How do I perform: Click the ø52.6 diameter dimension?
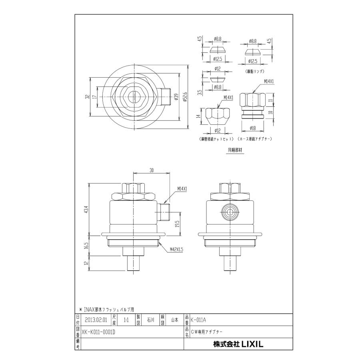pyautogui.click(x=185, y=98)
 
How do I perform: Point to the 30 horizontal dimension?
pyautogui.click(x=152, y=170)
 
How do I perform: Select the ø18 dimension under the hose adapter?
pyautogui.click(x=252, y=128)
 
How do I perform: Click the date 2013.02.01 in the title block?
pyautogui.click(x=96, y=320)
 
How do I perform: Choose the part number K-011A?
pyautogui.click(x=200, y=320)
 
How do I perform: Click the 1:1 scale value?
pyautogui.click(x=126, y=320)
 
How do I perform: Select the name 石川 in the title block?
pyautogui.click(x=150, y=320)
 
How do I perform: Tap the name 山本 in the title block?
pyautogui.click(x=174, y=320)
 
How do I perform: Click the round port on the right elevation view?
pyautogui.click(x=230, y=213)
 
